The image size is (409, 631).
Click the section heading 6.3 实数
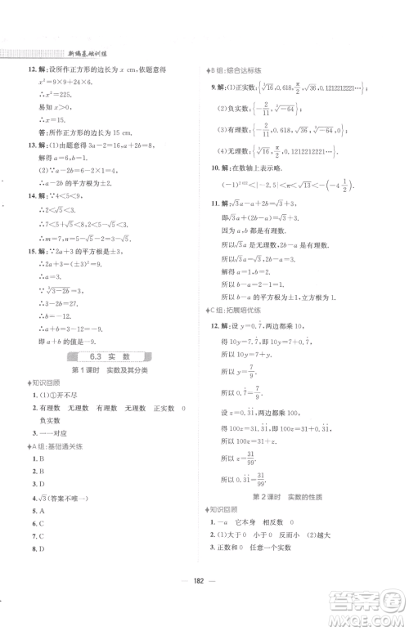(107, 356)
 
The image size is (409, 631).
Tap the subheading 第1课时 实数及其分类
(106, 370)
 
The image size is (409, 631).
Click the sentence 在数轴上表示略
(263, 190)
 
